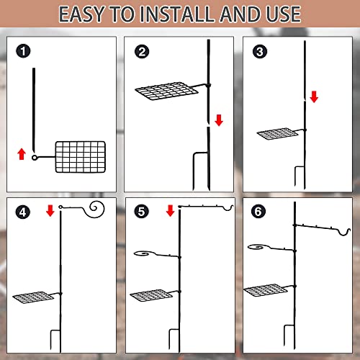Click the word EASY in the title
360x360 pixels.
(x=81, y=14)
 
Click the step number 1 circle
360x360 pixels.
(x=23, y=51)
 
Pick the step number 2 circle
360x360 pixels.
(x=142, y=52)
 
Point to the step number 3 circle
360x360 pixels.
(x=260, y=52)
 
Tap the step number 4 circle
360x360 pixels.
(x=22, y=212)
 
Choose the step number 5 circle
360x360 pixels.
(x=141, y=212)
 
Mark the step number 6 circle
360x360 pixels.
(x=258, y=212)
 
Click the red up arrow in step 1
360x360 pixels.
(x=22, y=154)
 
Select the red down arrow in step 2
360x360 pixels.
(x=219, y=120)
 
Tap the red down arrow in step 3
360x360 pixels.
(x=314, y=96)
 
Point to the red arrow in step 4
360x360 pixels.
(x=50, y=210)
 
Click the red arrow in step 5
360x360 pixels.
(x=170, y=210)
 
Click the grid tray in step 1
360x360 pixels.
(x=81, y=157)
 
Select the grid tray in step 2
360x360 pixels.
(x=167, y=91)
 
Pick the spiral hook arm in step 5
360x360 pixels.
(x=156, y=255)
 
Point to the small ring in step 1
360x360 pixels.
(x=35, y=158)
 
